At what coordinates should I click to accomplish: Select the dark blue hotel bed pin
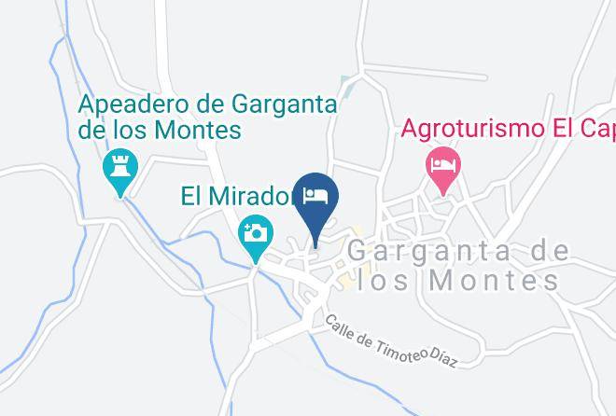316,197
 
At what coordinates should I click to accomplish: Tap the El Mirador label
238,197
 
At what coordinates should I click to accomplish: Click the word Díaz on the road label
444,357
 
